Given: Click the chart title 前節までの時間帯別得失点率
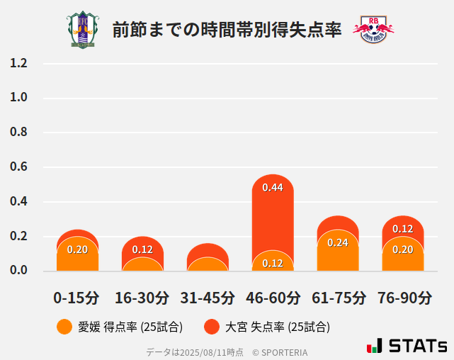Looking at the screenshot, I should (x=227, y=30).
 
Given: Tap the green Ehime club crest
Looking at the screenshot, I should (x=84, y=30).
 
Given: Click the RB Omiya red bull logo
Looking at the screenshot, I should (x=373, y=30).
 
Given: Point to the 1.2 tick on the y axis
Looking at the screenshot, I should (x=18, y=63).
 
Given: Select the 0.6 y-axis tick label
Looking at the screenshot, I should (x=18, y=167).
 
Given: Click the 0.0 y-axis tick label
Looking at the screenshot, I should (x=18, y=270).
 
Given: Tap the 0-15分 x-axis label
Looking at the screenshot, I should (x=77, y=298).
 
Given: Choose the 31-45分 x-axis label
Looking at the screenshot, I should (x=208, y=298).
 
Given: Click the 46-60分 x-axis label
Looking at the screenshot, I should (x=273, y=298).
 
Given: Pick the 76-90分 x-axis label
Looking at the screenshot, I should (x=403, y=298).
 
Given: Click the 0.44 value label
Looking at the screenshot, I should (x=273, y=188).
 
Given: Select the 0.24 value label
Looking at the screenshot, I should (x=338, y=242).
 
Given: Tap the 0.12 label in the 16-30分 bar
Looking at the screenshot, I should (x=142, y=249).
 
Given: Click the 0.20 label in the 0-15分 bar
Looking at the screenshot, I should (x=77, y=249).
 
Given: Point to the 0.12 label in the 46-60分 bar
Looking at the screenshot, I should (x=273, y=263).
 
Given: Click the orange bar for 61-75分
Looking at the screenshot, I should (x=338, y=255).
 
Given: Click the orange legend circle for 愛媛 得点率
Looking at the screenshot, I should (x=64, y=327).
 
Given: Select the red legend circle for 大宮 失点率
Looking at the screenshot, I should (x=211, y=327).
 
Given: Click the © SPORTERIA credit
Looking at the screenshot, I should (x=280, y=351).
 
